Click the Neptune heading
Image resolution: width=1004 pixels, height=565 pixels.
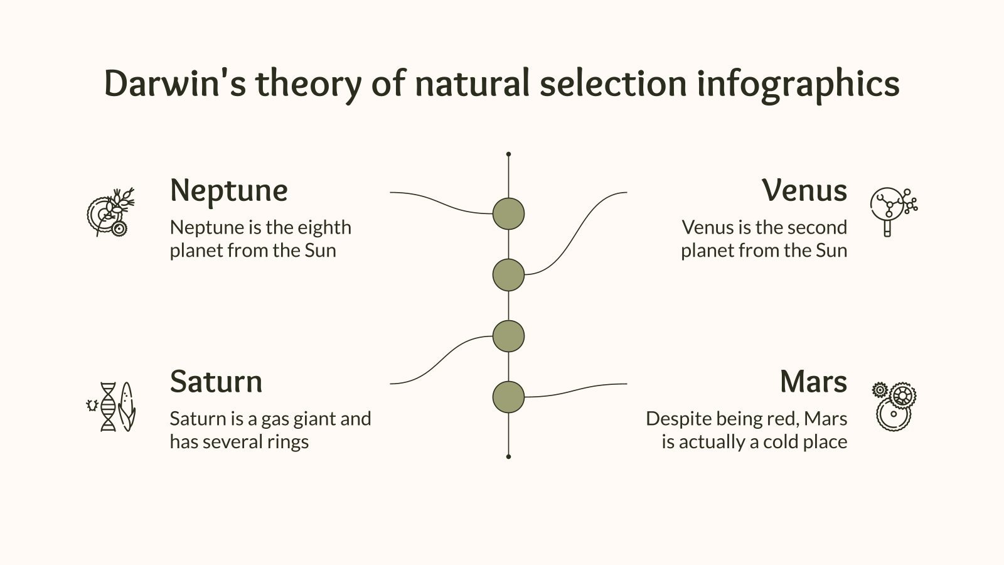[228, 190]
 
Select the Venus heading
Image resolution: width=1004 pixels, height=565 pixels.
[804, 190]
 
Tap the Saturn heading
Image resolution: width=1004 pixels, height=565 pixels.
[216, 382]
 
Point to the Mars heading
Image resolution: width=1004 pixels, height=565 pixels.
[813, 382]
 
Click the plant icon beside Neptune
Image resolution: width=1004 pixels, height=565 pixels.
[110, 212]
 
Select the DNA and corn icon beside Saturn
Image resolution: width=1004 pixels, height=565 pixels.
[112, 406]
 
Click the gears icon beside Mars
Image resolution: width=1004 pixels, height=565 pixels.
[894, 406]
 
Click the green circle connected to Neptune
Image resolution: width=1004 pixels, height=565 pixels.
[508, 213]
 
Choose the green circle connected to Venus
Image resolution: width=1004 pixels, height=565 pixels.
[508, 275]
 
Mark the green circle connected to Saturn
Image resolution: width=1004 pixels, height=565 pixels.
[508, 336]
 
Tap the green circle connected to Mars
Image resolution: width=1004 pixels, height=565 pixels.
[508, 397]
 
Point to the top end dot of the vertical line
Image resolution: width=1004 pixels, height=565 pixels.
[508, 154]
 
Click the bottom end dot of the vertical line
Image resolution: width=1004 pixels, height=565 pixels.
[508, 456]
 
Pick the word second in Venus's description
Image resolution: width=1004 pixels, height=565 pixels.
[816, 227]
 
